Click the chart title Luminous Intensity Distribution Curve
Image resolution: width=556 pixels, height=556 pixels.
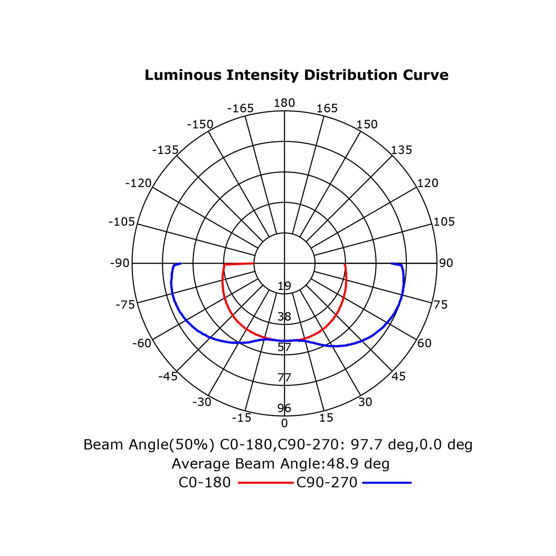pos(296,75)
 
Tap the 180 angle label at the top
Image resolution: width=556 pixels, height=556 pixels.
pos(284,103)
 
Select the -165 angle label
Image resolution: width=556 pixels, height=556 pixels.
pos(240,108)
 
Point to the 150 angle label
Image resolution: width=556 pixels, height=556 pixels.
pos(367,125)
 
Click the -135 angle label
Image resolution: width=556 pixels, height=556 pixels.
pos(165,150)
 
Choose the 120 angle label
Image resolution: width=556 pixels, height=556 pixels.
pos(428,183)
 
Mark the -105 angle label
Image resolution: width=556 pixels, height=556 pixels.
pos(122,222)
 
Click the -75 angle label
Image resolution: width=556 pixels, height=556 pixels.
pos(125,305)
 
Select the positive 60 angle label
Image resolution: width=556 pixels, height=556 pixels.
pos(425,343)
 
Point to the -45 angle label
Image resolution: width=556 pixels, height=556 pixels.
pos(168,376)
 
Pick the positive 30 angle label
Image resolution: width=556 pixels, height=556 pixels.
pos(365,402)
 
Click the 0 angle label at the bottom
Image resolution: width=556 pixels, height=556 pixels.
pos(284,423)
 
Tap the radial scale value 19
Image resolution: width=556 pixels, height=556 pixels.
pos(284,286)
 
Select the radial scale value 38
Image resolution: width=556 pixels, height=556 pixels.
pos(284,317)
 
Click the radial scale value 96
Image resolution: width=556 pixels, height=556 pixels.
pos(284,408)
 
